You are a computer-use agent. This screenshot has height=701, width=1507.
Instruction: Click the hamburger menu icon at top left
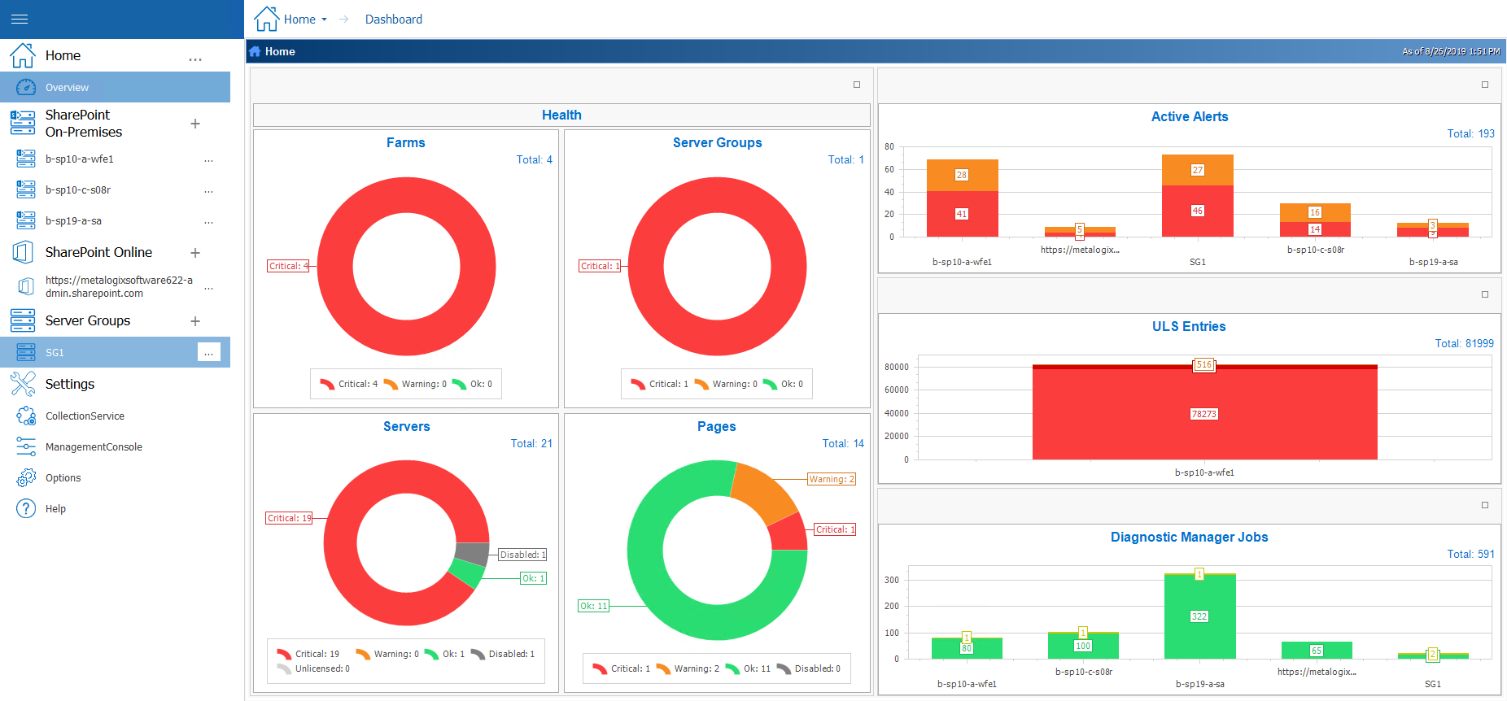click(20, 19)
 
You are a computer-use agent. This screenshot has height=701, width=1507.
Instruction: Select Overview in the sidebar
click(67, 87)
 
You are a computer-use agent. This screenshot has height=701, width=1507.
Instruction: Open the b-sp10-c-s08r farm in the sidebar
click(78, 189)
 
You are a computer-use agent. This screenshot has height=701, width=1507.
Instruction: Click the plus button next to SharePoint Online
click(195, 253)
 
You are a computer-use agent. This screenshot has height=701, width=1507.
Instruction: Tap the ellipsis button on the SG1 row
click(209, 352)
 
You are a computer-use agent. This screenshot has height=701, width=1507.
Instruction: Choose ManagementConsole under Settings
click(94, 446)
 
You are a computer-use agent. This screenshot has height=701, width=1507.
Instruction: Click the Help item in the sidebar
click(55, 508)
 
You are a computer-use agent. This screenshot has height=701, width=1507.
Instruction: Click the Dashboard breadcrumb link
click(393, 19)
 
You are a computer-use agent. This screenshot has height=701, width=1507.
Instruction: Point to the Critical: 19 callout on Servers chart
click(290, 518)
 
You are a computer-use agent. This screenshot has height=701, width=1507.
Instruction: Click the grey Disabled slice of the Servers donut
click(472, 554)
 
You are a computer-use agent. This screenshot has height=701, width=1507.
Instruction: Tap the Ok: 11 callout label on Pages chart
click(593, 606)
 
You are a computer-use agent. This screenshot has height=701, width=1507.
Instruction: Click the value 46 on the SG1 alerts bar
click(1197, 211)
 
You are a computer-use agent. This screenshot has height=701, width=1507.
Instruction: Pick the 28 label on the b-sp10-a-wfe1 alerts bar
click(962, 175)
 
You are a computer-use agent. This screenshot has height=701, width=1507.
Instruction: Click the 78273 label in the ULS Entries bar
click(1203, 414)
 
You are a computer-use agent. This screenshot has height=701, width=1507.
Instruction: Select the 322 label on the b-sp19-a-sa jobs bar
click(1199, 616)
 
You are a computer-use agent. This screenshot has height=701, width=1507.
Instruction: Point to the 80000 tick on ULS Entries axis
click(897, 367)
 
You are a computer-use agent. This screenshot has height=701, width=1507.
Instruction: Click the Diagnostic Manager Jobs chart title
click(1189, 537)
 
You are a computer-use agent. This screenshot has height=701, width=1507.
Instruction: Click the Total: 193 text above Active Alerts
click(1470, 133)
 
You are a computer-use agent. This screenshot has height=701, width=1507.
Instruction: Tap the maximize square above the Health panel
click(856, 85)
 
